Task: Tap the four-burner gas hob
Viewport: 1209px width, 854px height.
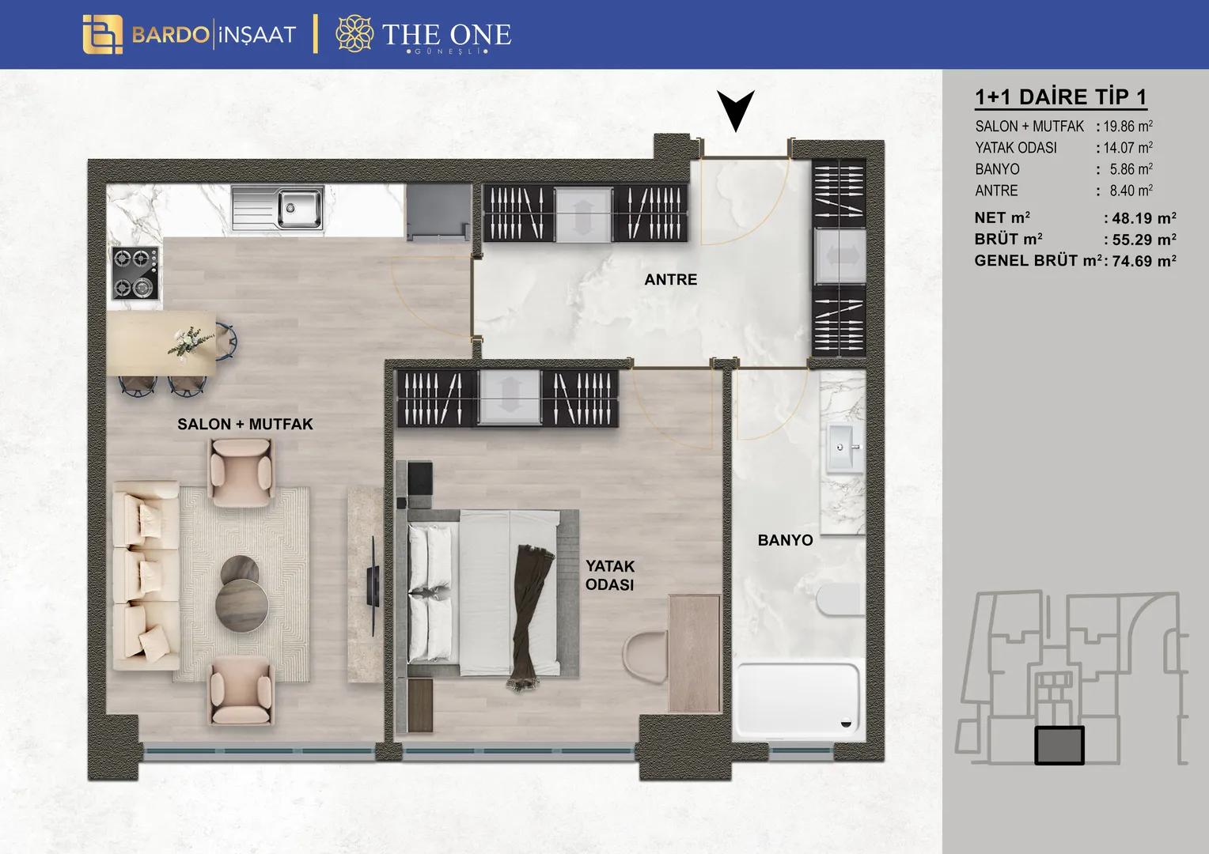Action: [135, 273]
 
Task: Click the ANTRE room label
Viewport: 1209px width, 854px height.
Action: [670, 279]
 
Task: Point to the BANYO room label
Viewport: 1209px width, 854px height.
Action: [786, 540]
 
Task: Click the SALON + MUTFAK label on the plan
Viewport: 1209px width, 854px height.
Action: [245, 424]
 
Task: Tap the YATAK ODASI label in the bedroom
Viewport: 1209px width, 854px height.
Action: [610, 575]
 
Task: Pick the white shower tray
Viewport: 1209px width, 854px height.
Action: [798, 700]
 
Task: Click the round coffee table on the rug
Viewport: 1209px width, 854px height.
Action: [241, 593]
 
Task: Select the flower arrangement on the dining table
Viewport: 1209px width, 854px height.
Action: [191, 342]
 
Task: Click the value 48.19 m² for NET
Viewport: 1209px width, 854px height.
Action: [1143, 218]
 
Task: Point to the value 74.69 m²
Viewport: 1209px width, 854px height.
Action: [1143, 261]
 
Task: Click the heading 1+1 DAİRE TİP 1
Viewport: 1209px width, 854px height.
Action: [1060, 97]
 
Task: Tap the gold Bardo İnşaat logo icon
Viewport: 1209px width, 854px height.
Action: [103, 34]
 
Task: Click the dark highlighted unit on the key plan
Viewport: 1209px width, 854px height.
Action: [1059, 745]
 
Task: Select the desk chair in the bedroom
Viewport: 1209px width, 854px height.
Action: [645, 657]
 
